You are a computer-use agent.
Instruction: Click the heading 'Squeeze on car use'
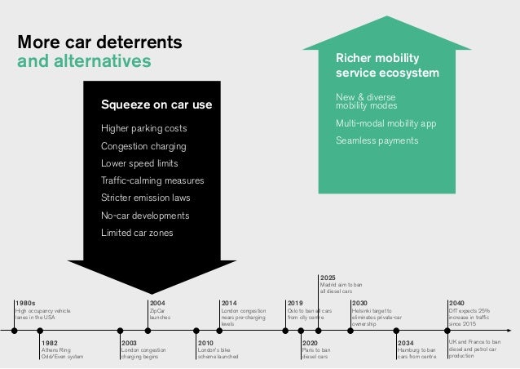click(156, 104)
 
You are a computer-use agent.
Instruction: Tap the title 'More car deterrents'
click(99, 41)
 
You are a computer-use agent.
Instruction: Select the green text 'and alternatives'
click(84, 60)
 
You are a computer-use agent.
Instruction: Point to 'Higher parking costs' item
click(143, 129)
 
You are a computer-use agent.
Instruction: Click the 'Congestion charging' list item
click(143, 147)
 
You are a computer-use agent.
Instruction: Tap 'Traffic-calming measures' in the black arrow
click(152, 181)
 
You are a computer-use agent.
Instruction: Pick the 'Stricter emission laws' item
click(145, 198)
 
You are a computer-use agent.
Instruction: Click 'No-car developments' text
click(145, 216)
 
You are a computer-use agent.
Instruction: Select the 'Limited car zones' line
click(137, 233)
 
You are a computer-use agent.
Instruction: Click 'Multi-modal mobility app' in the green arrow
click(386, 123)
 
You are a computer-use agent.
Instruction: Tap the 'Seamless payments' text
click(377, 140)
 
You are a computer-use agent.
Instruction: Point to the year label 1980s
click(25, 303)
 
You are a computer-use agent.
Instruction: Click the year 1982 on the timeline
click(50, 343)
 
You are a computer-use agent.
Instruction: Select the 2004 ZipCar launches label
click(157, 303)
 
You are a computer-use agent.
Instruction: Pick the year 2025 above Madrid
click(328, 278)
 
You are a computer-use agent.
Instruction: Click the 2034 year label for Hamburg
click(406, 343)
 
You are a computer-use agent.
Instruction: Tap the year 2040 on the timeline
click(458, 303)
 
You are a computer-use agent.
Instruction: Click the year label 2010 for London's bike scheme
click(206, 343)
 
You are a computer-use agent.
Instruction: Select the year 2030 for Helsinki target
click(359, 303)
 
